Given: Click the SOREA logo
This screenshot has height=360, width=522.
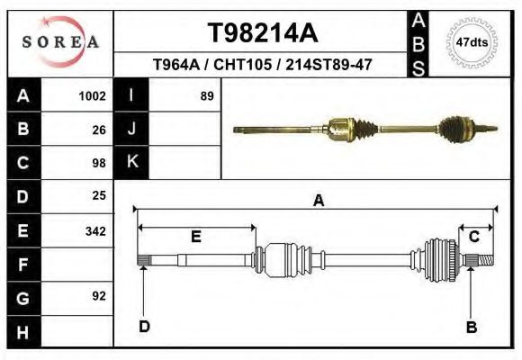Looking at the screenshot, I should coord(60,41).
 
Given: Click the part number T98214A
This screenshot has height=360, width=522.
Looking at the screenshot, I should coord(262,33).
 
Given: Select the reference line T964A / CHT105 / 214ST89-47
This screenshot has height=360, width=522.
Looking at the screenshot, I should coord(262,65).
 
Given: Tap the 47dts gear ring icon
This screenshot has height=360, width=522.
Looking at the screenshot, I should coord(472,41).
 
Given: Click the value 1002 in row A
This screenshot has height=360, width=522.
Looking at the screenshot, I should coord(93,95).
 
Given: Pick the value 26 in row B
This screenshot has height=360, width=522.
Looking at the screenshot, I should coord(99,129).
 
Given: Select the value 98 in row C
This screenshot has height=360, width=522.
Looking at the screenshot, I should coord(99,163).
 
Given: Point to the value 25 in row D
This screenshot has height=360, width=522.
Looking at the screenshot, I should coord(99,195).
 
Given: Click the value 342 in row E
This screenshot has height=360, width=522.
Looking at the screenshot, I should coord(95,230).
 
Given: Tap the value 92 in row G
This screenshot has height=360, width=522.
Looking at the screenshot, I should coord(99,296).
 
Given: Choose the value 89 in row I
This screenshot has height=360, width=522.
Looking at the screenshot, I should coord(206,95).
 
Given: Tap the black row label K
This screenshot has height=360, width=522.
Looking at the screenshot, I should coord(131,162).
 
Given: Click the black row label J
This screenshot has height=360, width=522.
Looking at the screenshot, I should coord(131,129).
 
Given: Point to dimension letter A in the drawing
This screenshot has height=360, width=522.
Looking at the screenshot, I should coord(318,201).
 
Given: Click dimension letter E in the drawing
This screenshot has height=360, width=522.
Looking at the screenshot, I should coord(195,237).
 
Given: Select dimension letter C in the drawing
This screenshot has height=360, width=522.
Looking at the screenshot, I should coord(473,236).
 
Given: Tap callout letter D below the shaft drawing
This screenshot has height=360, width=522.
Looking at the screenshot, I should coord(144,326).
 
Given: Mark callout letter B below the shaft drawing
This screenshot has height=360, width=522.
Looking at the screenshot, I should coord(471,327).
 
